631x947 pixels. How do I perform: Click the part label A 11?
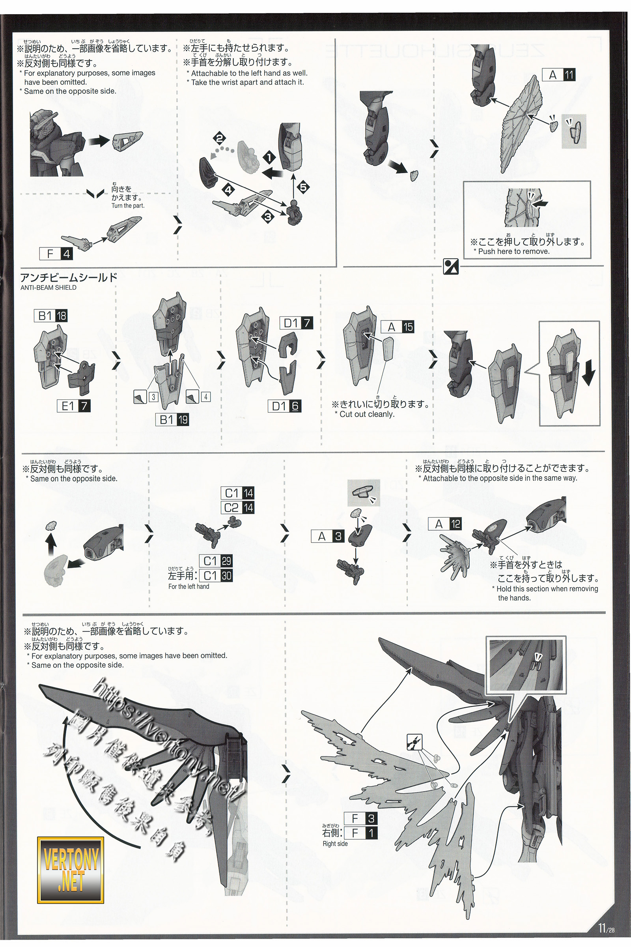pyautogui.click(x=559, y=75)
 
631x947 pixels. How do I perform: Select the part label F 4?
pyautogui.click(x=56, y=254)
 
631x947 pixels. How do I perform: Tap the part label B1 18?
pyautogui.click(x=51, y=316)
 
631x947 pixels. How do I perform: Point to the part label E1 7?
pyautogui.click(x=74, y=406)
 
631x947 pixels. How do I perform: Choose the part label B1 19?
pyautogui.click(x=173, y=419)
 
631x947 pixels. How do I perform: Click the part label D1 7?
pyautogui.click(x=296, y=323)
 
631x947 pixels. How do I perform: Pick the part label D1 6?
pyautogui.click(x=284, y=406)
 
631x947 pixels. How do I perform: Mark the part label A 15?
pyautogui.click(x=398, y=327)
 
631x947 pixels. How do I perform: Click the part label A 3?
pyautogui.click(x=329, y=536)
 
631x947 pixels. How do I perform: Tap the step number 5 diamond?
pyautogui.click(x=303, y=187)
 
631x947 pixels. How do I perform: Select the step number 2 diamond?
pyautogui.click(x=220, y=139)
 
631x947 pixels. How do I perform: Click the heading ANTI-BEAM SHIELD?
pyautogui.click(x=48, y=288)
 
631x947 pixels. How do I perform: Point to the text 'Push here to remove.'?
pyautogui.click(x=513, y=251)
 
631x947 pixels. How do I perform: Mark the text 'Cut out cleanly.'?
pyautogui.click(x=367, y=414)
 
